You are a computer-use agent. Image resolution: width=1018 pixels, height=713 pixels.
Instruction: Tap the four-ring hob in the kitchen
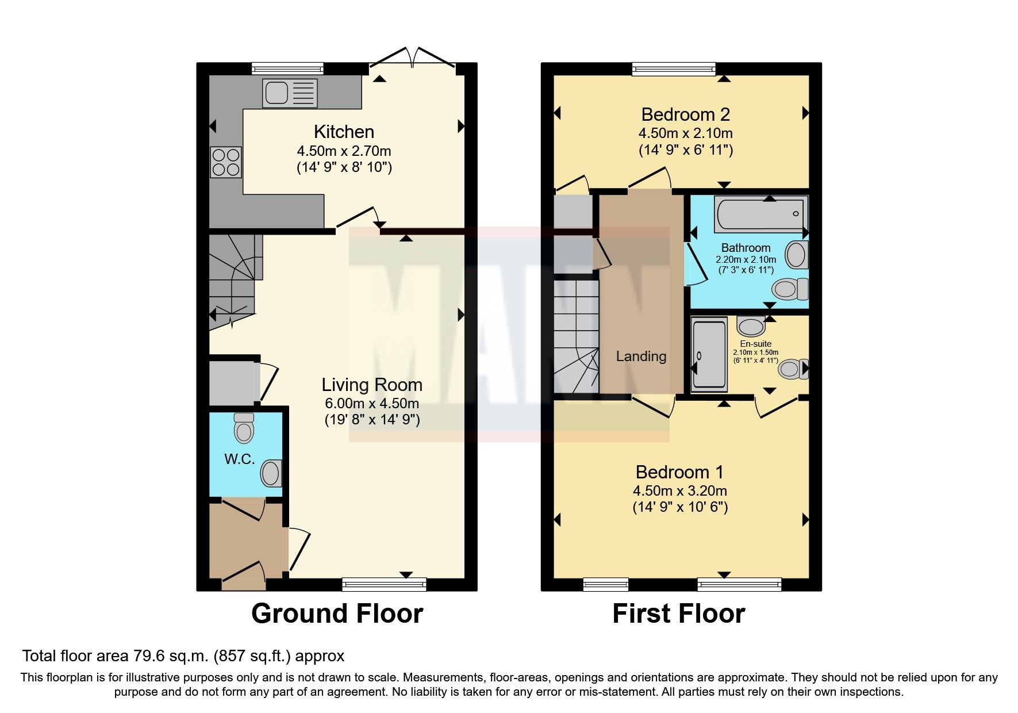coord(226,162)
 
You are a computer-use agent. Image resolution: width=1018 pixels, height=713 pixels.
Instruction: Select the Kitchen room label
coord(344,132)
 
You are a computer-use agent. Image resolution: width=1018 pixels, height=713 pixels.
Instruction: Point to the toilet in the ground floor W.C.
coord(244,428)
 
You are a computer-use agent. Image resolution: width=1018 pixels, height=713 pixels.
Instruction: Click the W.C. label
coord(239,459)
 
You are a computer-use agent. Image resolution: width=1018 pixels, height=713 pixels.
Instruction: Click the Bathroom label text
coord(746,248)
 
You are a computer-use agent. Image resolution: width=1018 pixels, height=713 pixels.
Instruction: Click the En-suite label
coord(755,344)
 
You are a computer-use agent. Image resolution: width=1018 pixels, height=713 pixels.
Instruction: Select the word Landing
coord(641,356)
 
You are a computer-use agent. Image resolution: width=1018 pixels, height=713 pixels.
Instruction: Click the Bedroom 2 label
coord(685,114)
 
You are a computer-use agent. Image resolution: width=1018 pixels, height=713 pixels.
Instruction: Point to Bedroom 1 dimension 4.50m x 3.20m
coord(679,491)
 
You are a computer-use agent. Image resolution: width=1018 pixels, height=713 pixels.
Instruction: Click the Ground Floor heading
coord(337,614)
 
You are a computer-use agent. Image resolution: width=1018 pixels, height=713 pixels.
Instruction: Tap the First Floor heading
coord(678,614)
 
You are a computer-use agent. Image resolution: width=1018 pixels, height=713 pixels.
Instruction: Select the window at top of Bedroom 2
coord(673,69)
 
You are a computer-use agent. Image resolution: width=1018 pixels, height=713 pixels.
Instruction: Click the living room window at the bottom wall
coord(384,585)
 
